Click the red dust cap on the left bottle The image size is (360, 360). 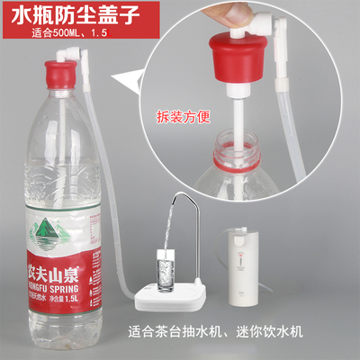click(x=59, y=78)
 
